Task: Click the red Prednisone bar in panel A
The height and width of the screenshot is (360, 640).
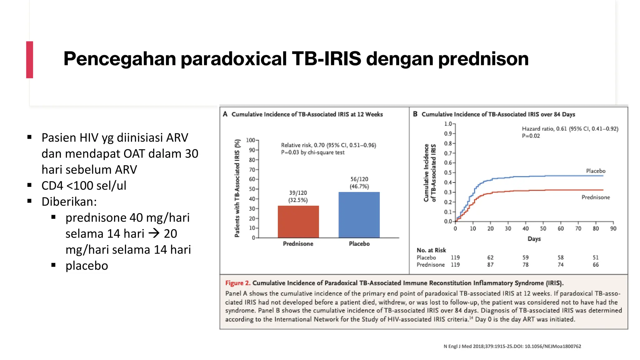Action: point(298,222)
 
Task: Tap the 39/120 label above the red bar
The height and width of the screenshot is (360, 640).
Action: point(298,193)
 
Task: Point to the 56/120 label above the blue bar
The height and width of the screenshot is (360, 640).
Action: point(359,179)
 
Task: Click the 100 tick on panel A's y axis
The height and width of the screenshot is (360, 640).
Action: point(251,140)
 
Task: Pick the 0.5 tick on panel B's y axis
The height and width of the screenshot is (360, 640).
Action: point(448,172)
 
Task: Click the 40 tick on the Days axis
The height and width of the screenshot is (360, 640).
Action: point(526,228)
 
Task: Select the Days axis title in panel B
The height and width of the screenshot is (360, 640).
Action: point(534,239)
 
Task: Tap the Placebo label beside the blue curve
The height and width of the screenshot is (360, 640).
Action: point(595,171)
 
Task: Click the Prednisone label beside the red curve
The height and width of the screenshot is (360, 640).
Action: point(595,197)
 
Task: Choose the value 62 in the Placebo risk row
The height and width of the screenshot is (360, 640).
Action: point(490,257)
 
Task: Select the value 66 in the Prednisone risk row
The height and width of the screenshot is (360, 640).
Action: point(596,265)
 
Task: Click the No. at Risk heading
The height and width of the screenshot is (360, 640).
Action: point(431,250)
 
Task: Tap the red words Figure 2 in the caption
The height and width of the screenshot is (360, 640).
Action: point(237,283)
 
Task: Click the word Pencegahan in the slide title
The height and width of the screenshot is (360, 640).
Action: point(119,59)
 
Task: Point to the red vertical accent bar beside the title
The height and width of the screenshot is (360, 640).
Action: point(30,60)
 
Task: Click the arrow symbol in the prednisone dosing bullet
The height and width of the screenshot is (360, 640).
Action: point(154,233)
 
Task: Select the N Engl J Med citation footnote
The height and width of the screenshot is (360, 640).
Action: point(512,346)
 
